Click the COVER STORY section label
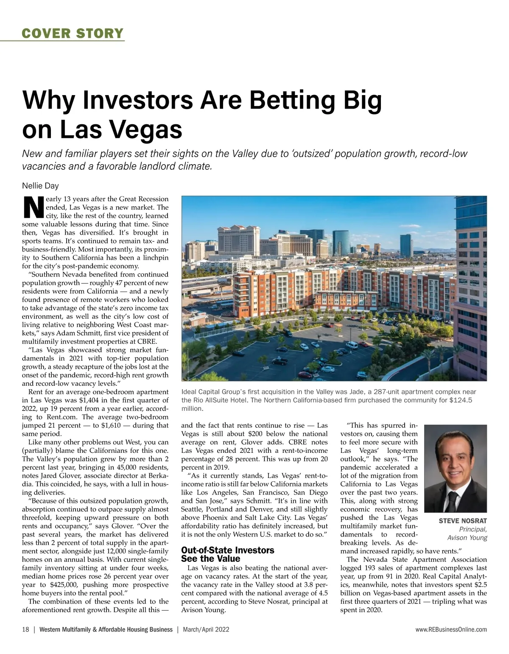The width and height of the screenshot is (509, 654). pos(73,33)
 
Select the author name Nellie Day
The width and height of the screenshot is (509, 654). pos(40,185)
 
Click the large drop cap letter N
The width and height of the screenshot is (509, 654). pos(32,207)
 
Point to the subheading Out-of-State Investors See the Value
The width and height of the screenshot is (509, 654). pos(227,554)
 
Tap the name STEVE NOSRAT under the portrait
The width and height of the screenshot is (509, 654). pos(463,521)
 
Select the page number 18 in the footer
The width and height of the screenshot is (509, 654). pos(25,629)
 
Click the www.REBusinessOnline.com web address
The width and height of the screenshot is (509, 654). pos(451,629)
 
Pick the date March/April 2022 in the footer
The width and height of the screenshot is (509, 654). pos(206,629)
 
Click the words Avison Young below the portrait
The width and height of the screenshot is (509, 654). pos(467,538)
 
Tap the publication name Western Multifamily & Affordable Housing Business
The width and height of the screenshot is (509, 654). pos(106,629)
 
